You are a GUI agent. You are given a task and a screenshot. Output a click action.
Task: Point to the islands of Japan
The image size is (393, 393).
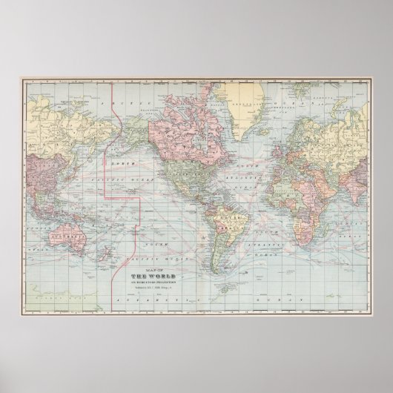[69, 148]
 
